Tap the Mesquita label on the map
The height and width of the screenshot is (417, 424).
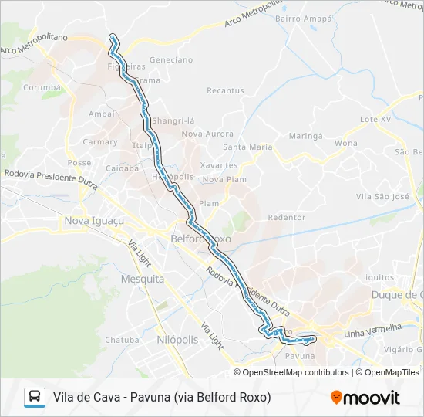pyautogui.click(x=143, y=279)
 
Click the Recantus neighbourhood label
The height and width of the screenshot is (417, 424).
pyautogui.click(x=225, y=90)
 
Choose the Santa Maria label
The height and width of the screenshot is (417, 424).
pyautogui.click(x=247, y=147)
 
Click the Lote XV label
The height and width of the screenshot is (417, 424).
pyautogui.click(x=377, y=120)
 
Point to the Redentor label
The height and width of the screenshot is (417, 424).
pyautogui.click(x=287, y=218)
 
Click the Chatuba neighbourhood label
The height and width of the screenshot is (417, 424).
pyautogui.click(x=122, y=340)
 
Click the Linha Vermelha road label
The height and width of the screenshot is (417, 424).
pyautogui.click(x=374, y=331)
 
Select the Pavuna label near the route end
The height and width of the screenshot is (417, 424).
pyautogui.click(x=300, y=356)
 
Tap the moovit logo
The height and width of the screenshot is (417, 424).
pyautogui.click(x=365, y=398)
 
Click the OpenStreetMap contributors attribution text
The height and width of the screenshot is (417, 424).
pyautogui.click(x=296, y=372)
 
